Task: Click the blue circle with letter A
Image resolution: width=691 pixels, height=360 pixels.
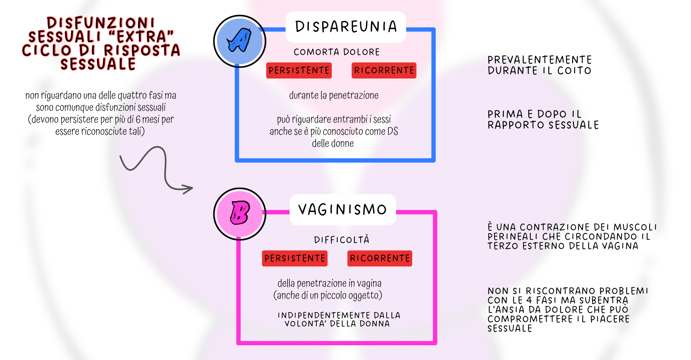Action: pyautogui.click(x=239, y=41)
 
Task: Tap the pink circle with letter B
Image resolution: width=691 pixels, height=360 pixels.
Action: pyautogui.click(x=239, y=213)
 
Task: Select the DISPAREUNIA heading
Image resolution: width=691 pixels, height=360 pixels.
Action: pyautogui.click(x=346, y=27)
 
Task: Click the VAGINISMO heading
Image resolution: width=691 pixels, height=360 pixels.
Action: pyautogui.click(x=343, y=210)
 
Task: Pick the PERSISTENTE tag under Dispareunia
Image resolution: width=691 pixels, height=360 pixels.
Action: pyautogui.click(x=299, y=71)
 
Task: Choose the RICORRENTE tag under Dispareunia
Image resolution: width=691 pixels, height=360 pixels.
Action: pyautogui.click(x=384, y=71)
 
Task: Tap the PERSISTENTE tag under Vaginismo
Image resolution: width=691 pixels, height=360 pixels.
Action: pyautogui.click(x=295, y=258)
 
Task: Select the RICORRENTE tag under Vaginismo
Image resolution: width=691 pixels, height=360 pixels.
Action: pyautogui.click(x=380, y=258)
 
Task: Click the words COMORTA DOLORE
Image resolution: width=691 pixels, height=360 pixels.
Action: pyautogui.click(x=337, y=52)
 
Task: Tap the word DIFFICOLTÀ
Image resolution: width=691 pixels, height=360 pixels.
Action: pyautogui.click(x=342, y=240)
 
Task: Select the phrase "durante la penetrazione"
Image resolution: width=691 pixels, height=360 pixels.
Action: pyautogui.click(x=334, y=95)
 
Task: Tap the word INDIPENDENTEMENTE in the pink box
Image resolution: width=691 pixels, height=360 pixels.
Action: pyautogui.click(x=324, y=315)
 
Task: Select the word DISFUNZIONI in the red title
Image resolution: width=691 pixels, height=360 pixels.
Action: pyautogui.click(x=101, y=23)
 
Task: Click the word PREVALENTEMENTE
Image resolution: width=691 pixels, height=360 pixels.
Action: pyautogui.click(x=539, y=60)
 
